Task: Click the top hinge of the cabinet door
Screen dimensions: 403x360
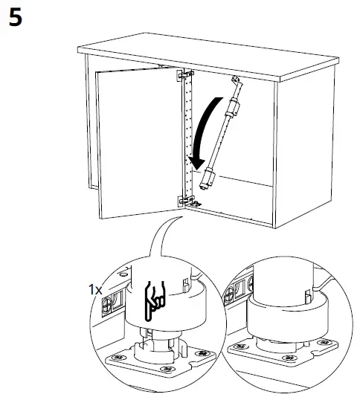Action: [184, 75]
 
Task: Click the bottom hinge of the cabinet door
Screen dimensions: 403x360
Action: [184, 199]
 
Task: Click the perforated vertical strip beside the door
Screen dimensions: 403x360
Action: [187, 138]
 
